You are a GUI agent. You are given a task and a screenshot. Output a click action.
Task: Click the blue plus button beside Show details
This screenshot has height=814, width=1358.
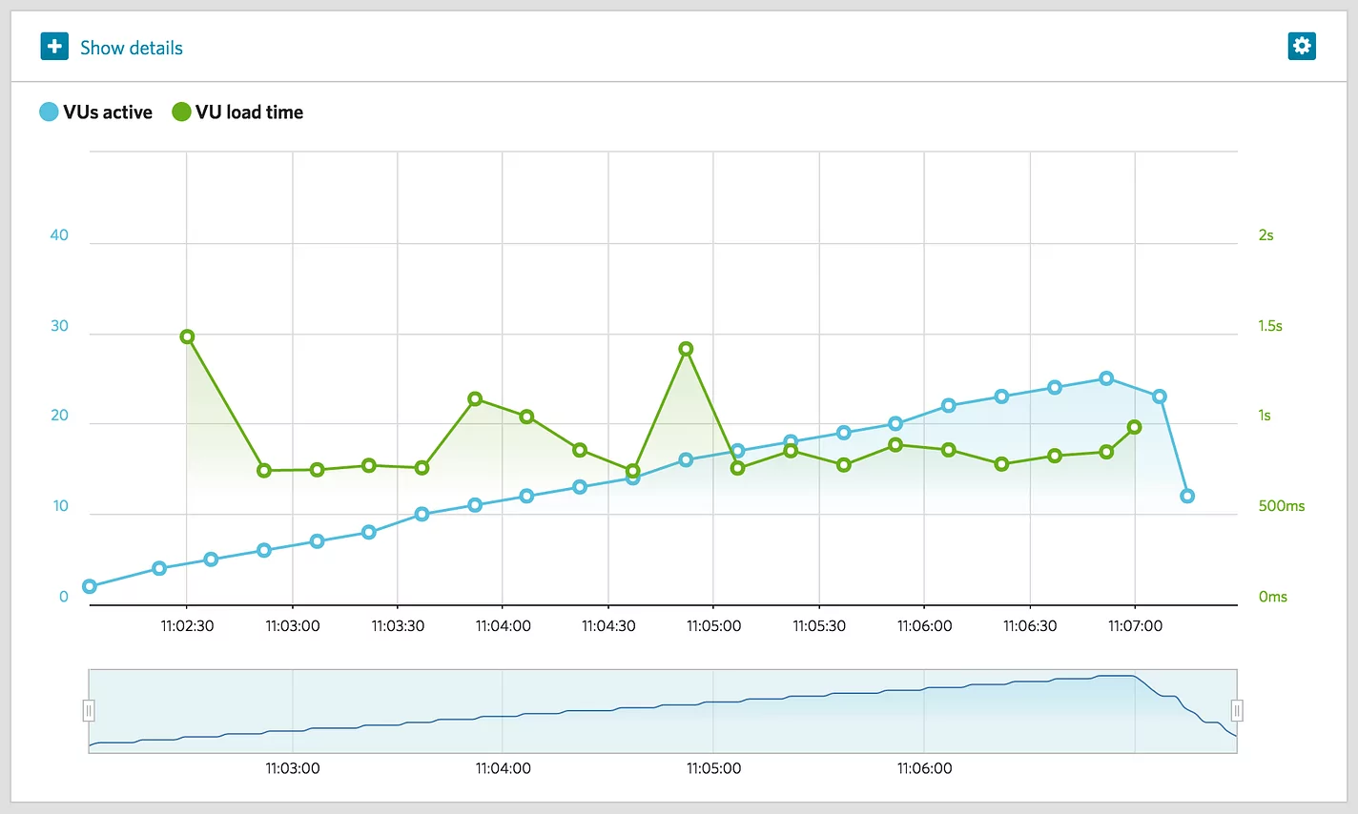54,47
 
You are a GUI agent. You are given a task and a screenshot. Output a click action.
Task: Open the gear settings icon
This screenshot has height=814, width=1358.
1302,46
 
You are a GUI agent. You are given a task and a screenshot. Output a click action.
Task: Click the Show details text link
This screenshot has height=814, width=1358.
131,48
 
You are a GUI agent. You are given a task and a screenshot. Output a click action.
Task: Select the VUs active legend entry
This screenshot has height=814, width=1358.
96,112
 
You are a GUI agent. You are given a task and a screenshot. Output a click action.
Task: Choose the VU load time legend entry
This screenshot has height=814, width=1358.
237,112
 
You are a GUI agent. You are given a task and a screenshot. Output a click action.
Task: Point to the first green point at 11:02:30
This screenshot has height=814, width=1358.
187,336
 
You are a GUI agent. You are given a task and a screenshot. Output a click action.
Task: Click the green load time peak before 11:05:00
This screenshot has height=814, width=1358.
686,349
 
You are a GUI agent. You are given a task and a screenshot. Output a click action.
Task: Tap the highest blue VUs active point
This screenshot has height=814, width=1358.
1106,378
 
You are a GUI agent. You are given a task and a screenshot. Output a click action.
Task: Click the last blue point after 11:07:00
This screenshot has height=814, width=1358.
1187,496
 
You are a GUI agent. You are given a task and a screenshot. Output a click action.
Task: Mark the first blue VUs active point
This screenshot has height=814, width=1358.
90,586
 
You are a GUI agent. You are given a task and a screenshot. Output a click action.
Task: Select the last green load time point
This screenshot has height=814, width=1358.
1134,427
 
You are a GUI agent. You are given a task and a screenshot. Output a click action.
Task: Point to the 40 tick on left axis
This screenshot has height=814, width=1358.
59,235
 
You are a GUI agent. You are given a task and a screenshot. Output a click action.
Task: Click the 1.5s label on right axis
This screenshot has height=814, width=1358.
1269,326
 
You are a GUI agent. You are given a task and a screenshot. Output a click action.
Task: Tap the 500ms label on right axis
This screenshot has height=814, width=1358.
1281,506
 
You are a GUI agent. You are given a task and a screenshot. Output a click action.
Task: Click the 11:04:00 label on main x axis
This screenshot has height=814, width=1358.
503,626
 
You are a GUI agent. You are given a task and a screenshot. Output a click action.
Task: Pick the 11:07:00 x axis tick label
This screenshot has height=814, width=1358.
1135,626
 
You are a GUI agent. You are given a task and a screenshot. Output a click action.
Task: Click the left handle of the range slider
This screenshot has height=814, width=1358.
89,710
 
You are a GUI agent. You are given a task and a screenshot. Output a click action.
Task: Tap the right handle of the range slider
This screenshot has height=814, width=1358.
1237,710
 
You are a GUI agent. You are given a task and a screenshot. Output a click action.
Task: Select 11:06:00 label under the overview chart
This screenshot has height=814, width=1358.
924,768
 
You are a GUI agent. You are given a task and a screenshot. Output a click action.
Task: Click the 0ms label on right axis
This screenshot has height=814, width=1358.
1272,597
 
